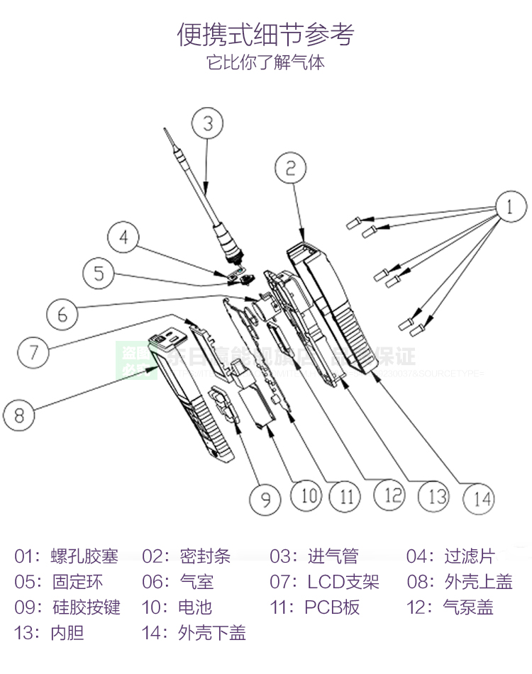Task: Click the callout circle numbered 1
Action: click(509, 208)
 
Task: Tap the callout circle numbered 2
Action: click(291, 168)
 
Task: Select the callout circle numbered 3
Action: click(207, 123)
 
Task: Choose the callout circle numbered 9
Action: click(265, 499)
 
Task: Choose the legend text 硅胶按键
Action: click(86, 607)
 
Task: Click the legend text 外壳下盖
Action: click(212, 633)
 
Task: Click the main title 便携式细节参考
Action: click(265, 34)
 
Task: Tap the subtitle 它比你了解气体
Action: click(265, 63)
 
